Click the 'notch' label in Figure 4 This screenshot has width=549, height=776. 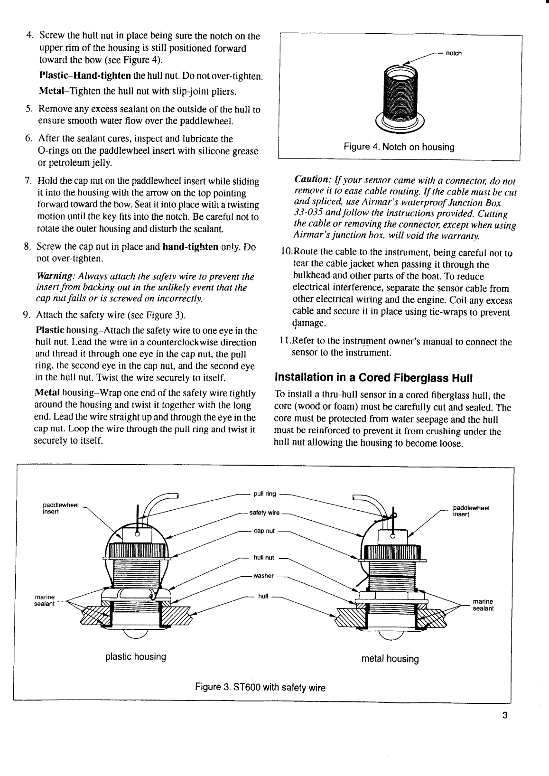454,53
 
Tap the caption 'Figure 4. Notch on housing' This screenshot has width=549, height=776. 399,147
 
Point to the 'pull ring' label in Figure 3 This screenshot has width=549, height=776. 265,494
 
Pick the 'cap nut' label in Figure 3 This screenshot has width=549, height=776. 264,531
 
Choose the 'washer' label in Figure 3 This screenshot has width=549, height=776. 264,576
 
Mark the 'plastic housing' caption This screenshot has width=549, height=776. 136,657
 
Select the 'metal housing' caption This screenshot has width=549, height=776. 390,659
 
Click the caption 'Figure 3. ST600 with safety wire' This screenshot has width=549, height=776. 261,687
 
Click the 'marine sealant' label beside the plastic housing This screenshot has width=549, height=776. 45,600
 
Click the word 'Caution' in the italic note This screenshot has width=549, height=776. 311,180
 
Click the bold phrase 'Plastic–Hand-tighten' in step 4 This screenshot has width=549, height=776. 85,76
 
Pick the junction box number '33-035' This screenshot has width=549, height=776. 308,214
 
